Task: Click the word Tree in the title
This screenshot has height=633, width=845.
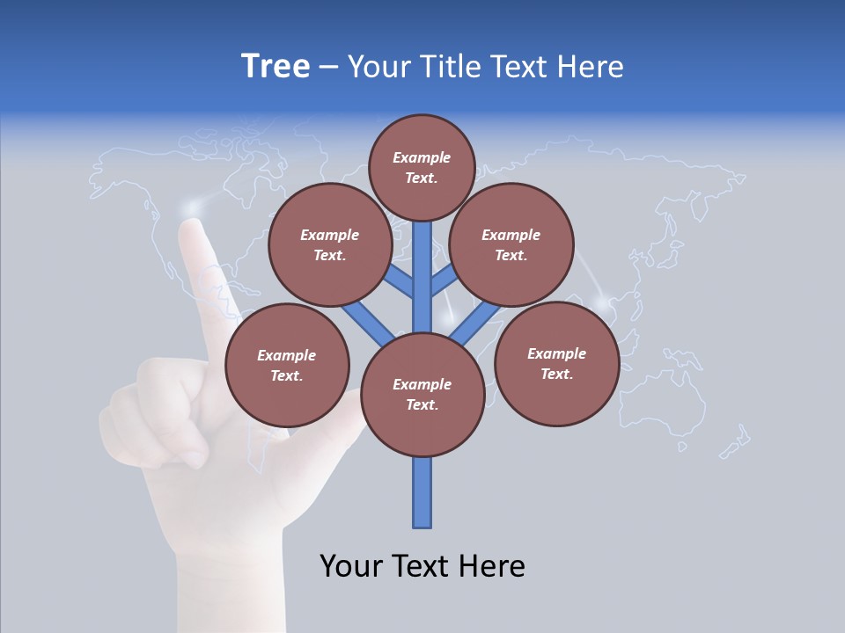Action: (276, 66)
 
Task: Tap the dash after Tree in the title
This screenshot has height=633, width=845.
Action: (329, 68)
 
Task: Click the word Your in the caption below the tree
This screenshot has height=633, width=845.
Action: (351, 566)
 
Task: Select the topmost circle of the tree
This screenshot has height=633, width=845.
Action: (422, 167)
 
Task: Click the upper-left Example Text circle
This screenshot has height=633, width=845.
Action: (330, 244)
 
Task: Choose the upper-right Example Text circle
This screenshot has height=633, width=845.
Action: (511, 244)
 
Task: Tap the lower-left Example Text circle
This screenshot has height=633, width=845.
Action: (287, 365)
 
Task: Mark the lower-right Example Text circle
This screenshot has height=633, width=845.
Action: (556, 363)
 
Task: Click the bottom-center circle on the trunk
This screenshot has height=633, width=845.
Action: (422, 394)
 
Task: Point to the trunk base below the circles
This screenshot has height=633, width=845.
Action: (422, 492)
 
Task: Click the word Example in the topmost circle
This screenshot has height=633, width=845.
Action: (422, 157)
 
